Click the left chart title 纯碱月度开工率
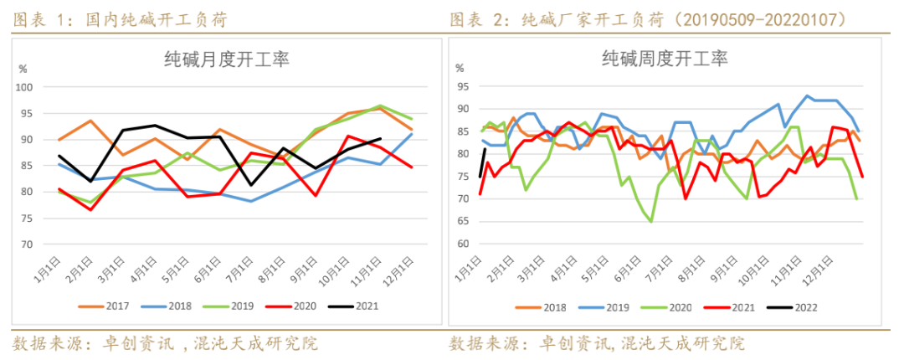coord(225,59)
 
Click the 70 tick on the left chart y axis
coord(27,244)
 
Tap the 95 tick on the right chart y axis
coord(462,86)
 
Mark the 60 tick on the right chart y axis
coord(462,244)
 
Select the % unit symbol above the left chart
coord(23,68)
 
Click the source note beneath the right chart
coord(597,343)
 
